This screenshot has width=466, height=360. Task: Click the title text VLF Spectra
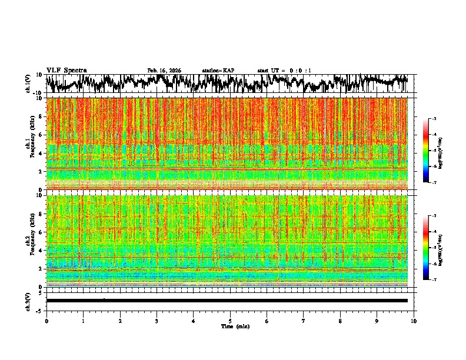point(66,70)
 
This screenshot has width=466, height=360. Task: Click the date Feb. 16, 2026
point(164,71)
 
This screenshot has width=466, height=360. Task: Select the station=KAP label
point(218,71)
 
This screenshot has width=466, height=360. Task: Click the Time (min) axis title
point(235,326)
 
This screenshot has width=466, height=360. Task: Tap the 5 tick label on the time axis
point(230,321)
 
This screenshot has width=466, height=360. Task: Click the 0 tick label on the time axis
point(46,321)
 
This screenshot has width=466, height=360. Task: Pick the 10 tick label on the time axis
point(414,321)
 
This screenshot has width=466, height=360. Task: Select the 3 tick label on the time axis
point(157,321)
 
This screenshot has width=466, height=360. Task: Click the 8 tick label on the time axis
point(340,321)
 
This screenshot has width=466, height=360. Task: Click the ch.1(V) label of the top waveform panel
point(28,84)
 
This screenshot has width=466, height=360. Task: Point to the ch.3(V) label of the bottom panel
point(28,301)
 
